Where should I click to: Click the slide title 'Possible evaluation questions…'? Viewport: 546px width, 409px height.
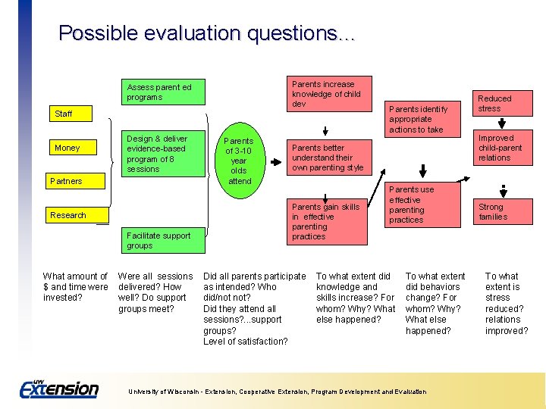tap(207, 33)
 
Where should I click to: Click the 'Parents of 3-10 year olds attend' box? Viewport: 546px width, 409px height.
tap(240, 161)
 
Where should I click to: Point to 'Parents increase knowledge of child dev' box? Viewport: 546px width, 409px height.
tap(326, 93)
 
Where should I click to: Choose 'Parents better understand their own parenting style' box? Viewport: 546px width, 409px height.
tap(327, 158)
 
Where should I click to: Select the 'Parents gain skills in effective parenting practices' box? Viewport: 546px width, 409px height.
tap(326, 221)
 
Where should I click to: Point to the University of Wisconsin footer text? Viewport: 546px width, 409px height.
tap(277, 392)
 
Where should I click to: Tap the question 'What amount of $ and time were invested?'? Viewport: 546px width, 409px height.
tap(75, 287)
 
